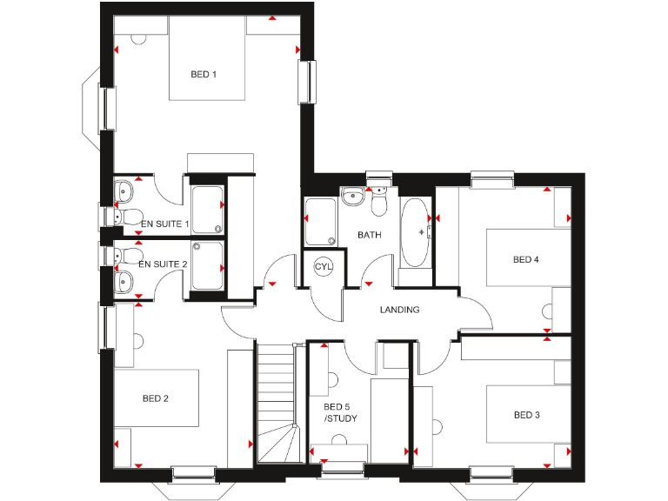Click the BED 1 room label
[204, 75]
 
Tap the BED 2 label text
[155, 399]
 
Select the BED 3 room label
[526, 416]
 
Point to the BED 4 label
[526, 259]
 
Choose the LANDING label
[400, 310]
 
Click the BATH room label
[370, 235]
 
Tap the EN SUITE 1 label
[164, 224]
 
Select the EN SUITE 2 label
[163, 264]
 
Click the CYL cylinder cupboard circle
[324, 266]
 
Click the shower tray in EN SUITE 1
[207, 210]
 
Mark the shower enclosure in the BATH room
[318, 222]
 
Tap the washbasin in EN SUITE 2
[124, 279]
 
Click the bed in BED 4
[526, 257]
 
